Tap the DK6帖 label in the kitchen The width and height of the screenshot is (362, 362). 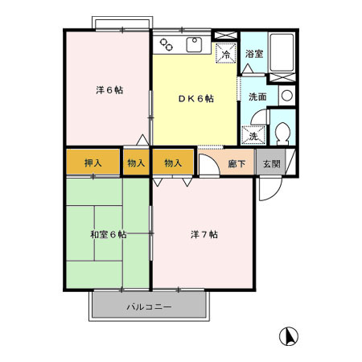pos(195,98)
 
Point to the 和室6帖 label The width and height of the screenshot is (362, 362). pos(109,234)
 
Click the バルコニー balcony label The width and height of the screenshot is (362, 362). pos(148,307)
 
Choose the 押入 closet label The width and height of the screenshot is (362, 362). pos(93,163)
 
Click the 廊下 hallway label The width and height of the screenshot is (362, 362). pos(237,163)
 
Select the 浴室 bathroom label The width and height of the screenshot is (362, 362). pos(253,54)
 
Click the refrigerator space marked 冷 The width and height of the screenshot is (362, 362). pos(227,55)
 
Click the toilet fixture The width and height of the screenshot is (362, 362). pos(282,132)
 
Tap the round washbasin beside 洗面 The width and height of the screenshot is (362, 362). pos(287,95)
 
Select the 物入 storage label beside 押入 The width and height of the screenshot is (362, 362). pos(135,163)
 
